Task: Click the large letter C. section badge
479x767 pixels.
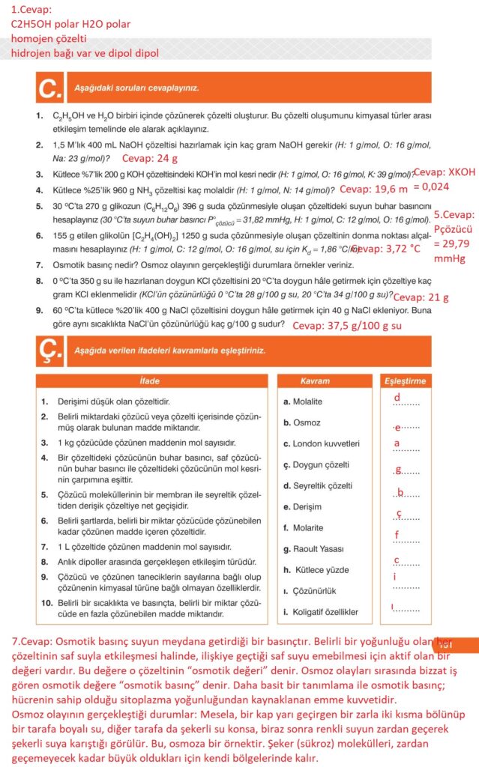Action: (49, 89)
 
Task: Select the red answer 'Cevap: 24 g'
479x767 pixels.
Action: (150, 159)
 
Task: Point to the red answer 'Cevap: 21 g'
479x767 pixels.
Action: (421, 297)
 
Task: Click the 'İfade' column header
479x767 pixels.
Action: (150, 381)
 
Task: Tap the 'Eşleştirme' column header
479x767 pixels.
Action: (405, 381)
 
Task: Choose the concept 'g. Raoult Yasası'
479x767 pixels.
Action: (313, 549)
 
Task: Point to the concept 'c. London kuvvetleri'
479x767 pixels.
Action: (322, 443)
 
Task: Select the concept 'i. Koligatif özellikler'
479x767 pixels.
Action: (320, 612)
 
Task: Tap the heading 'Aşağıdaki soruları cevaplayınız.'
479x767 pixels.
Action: (136, 88)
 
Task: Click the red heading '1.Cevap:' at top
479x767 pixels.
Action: (31, 10)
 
